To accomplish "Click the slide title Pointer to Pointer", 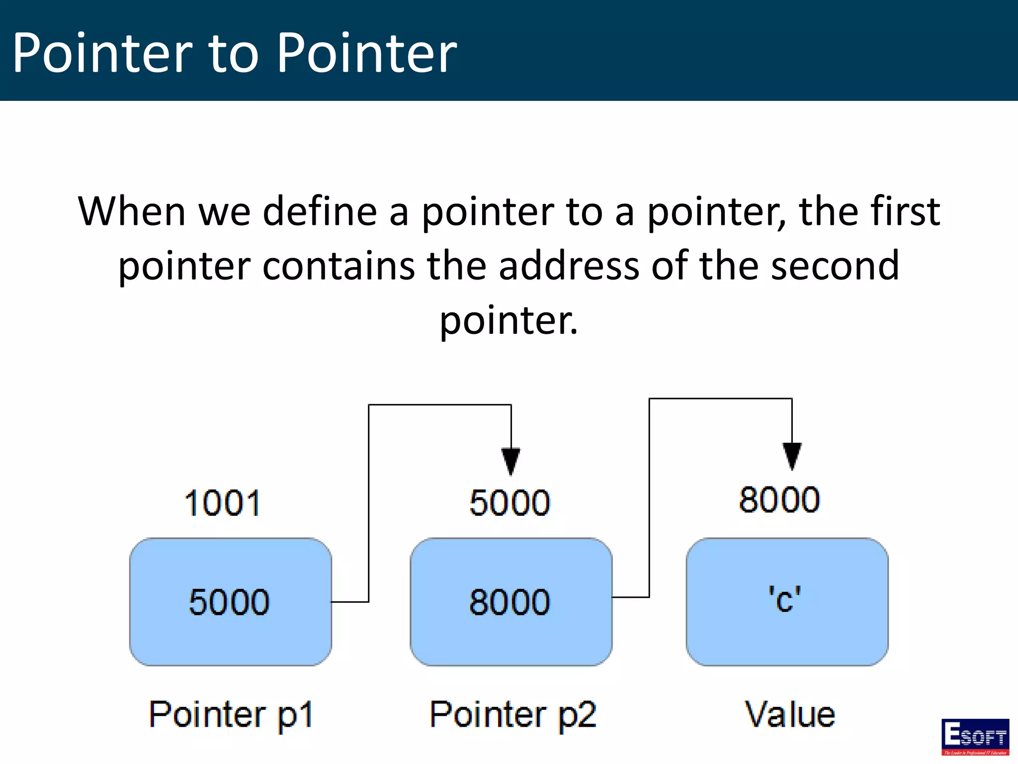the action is (x=234, y=52).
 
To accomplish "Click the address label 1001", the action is (x=222, y=503).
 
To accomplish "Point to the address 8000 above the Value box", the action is (x=779, y=499).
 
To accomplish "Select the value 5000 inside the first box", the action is (x=229, y=602).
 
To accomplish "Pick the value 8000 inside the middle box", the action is (x=509, y=602).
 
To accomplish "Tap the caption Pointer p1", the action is (x=231, y=714).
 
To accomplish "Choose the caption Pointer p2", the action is (x=512, y=714).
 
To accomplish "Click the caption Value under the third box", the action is (x=789, y=714).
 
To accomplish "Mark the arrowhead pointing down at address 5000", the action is (x=511, y=461).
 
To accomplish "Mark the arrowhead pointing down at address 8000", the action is (x=792, y=455).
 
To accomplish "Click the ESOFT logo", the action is (x=975, y=737).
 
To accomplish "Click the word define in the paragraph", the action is (x=320, y=211).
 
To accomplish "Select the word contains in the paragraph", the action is (x=338, y=266).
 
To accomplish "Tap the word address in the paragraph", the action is (x=569, y=266).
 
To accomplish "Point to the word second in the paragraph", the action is (x=835, y=266).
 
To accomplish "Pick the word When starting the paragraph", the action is (x=132, y=211).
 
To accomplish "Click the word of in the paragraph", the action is (x=669, y=266).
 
